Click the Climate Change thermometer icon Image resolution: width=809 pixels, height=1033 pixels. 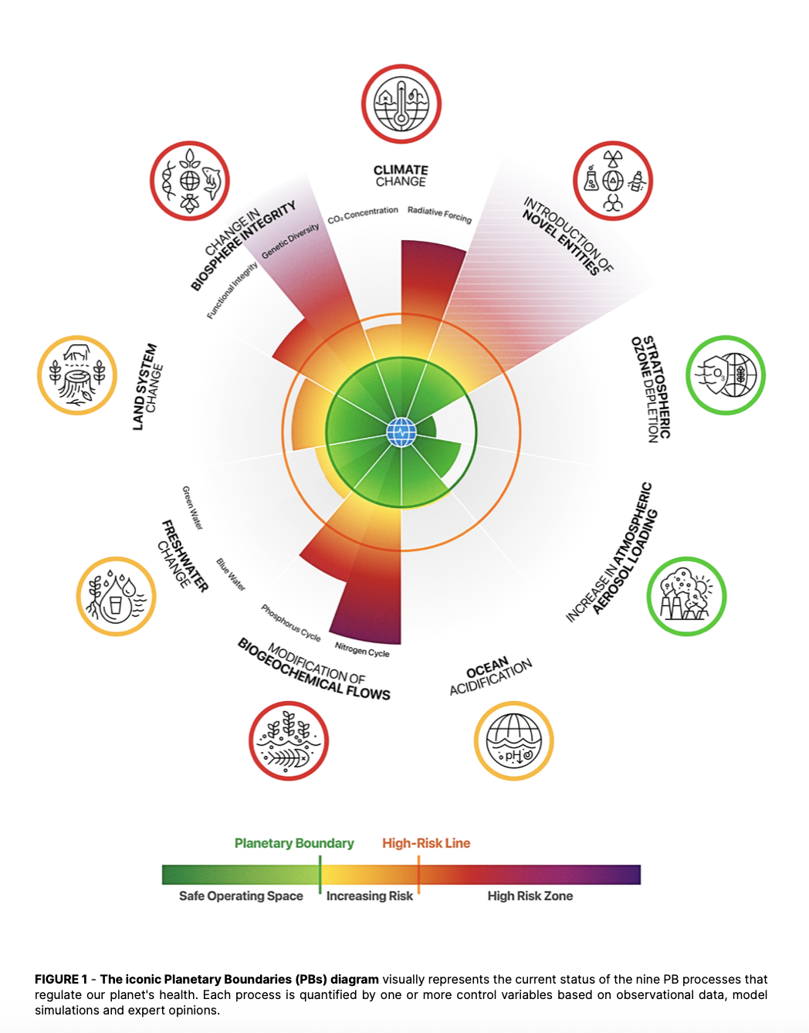coord(401,104)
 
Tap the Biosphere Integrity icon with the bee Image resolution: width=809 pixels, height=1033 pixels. coord(190,181)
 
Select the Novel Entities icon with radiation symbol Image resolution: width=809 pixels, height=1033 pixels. coord(613,181)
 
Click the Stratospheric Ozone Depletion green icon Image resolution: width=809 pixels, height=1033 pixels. coord(726,375)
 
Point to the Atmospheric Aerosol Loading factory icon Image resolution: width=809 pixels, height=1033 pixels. coord(686,597)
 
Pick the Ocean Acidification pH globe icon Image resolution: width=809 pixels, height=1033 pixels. coord(514,741)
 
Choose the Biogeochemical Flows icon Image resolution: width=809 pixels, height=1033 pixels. coord(289,741)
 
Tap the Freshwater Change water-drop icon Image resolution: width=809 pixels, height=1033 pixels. coord(117,597)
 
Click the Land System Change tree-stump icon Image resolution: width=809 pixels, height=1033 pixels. coord(77,375)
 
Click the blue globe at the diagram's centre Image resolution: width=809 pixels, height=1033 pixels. coord(401,432)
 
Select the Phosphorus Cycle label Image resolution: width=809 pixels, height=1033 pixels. coord(290,623)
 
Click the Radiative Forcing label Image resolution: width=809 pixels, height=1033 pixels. coord(439,214)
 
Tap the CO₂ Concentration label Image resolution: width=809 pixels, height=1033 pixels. coord(363,215)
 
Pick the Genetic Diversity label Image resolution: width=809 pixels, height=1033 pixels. coord(290,242)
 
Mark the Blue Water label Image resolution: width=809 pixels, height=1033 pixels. coord(231,575)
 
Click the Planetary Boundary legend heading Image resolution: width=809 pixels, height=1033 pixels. coord(294,843)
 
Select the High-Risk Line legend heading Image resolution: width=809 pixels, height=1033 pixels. coord(426,843)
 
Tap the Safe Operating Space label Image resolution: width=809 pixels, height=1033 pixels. coord(241,896)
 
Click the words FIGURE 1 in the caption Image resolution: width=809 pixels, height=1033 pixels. coord(61,979)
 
